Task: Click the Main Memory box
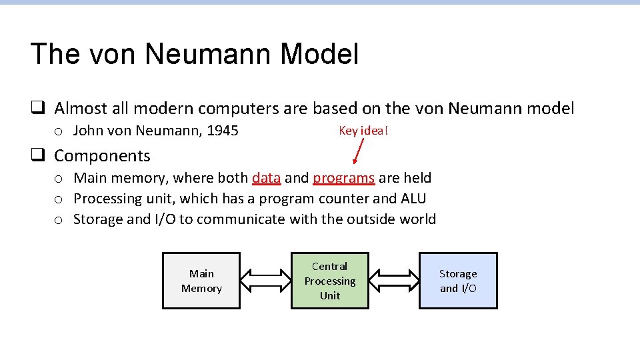(x=201, y=281)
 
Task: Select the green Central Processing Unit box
(x=330, y=281)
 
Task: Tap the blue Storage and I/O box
(x=458, y=281)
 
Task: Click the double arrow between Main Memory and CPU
(x=265, y=281)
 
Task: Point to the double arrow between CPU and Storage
(x=393, y=281)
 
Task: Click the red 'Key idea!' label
(x=363, y=131)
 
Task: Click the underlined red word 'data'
(x=266, y=178)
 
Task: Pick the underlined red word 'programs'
(x=344, y=178)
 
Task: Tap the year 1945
(x=223, y=131)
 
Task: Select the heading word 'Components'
(x=102, y=156)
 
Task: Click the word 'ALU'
(x=413, y=199)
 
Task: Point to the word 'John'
(x=87, y=131)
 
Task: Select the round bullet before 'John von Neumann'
(x=59, y=131)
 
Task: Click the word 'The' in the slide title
(x=56, y=54)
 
